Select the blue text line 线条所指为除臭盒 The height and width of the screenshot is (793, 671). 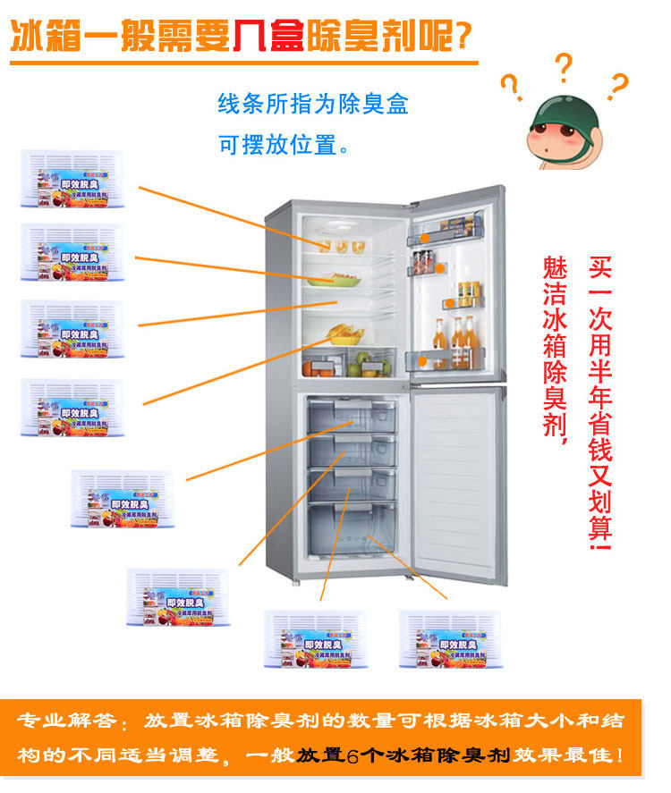[x=313, y=105]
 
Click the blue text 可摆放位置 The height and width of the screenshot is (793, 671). [x=283, y=144]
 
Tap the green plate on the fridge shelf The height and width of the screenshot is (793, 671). [x=333, y=281]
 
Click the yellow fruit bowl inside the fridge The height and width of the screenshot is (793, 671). [x=345, y=335]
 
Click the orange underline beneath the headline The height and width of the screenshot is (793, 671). [x=242, y=63]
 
